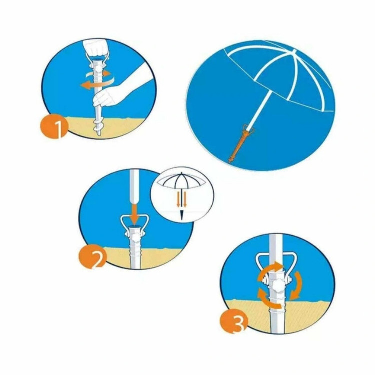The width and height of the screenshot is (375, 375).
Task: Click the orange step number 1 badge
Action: click(x=55, y=127)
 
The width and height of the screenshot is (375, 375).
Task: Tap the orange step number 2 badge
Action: click(x=92, y=258)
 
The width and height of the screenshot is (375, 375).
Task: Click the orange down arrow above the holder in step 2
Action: click(x=135, y=213)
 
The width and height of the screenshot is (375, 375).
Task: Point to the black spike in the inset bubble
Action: click(x=182, y=215)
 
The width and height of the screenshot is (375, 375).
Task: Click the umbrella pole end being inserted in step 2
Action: click(x=135, y=191)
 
